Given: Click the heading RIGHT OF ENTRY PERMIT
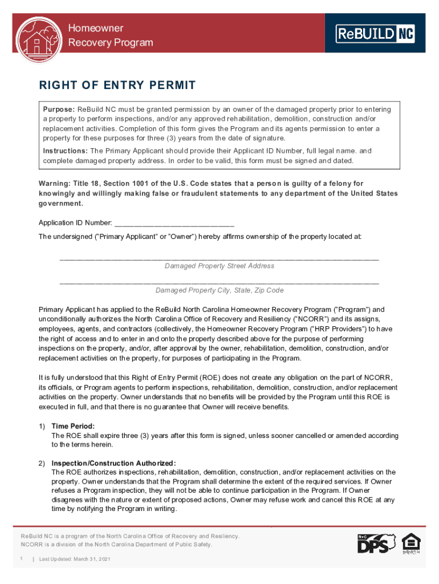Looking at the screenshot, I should click(x=117, y=86).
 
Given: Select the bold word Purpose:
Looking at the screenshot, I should click(x=59, y=109).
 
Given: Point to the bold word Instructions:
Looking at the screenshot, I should click(x=66, y=151).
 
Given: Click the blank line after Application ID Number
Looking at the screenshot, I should click(x=174, y=222).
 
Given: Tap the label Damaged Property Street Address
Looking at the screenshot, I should click(x=219, y=266).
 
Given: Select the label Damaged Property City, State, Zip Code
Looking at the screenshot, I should click(x=219, y=290).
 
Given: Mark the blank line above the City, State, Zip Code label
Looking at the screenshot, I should click(x=219, y=282).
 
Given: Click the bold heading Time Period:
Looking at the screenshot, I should click(x=73, y=426).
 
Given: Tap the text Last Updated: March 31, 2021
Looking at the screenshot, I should click(x=75, y=559).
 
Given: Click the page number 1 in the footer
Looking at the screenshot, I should click(x=22, y=559).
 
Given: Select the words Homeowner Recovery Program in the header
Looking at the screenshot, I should click(x=111, y=35).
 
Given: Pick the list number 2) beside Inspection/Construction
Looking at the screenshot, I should click(x=42, y=463).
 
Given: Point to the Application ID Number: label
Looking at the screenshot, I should click(x=75, y=222).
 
